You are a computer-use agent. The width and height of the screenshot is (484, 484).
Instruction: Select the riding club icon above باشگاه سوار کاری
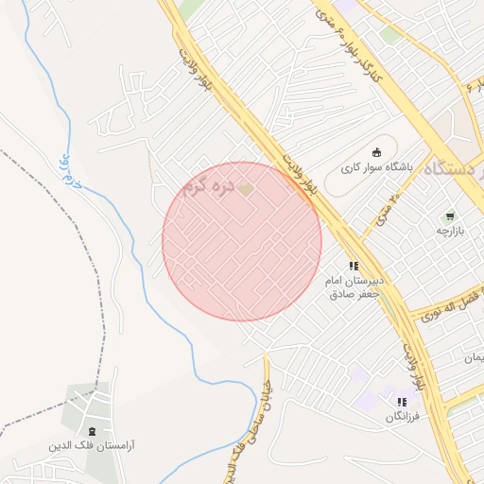pyautogui.click(x=377, y=153)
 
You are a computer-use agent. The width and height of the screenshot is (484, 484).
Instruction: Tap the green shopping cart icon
pyautogui.click(x=449, y=216)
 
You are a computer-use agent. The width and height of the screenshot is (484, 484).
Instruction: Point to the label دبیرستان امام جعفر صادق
pyautogui.click(x=353, y=287)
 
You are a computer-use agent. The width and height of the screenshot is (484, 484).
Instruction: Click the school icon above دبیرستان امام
pyautogui.click(x=354, y=267)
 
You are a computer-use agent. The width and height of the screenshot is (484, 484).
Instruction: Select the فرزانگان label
pyautogui.click(x=402, y=416)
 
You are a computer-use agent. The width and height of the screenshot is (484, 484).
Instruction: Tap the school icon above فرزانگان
pyautogui.click(x=402, y=402)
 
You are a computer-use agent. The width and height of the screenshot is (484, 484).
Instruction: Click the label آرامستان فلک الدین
pyautogui.click(x=91, y=442)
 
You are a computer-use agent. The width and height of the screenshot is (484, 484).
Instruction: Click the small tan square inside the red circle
pyautogui.click(x=245, y=191)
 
